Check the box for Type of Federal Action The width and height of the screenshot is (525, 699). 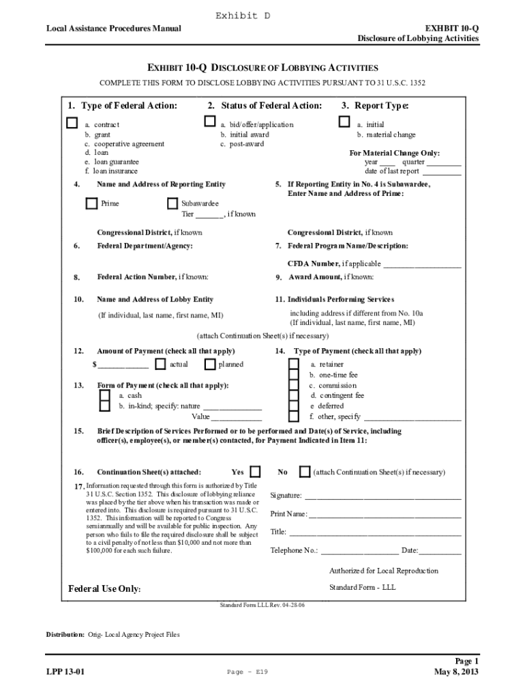[72, 123]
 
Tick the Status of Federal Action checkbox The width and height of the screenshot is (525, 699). [210, 122]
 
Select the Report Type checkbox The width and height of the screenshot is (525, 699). [344, 122]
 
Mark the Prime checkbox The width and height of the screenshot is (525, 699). [91, 203]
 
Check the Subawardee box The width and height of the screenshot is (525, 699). [172, 203]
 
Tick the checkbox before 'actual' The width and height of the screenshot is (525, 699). [160, 365]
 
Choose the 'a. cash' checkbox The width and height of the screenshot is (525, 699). [105, 395]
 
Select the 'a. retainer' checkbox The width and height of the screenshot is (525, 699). [293, 365]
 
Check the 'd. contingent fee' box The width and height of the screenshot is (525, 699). [293, 395]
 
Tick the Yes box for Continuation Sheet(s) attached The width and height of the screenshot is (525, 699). [255, 472]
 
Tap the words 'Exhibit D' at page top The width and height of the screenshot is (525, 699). [243, 15]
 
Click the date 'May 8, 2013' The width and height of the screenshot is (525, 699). [456, 672]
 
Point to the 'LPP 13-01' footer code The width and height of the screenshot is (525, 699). [65, 672]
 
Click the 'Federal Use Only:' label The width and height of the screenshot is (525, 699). [104, 589]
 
